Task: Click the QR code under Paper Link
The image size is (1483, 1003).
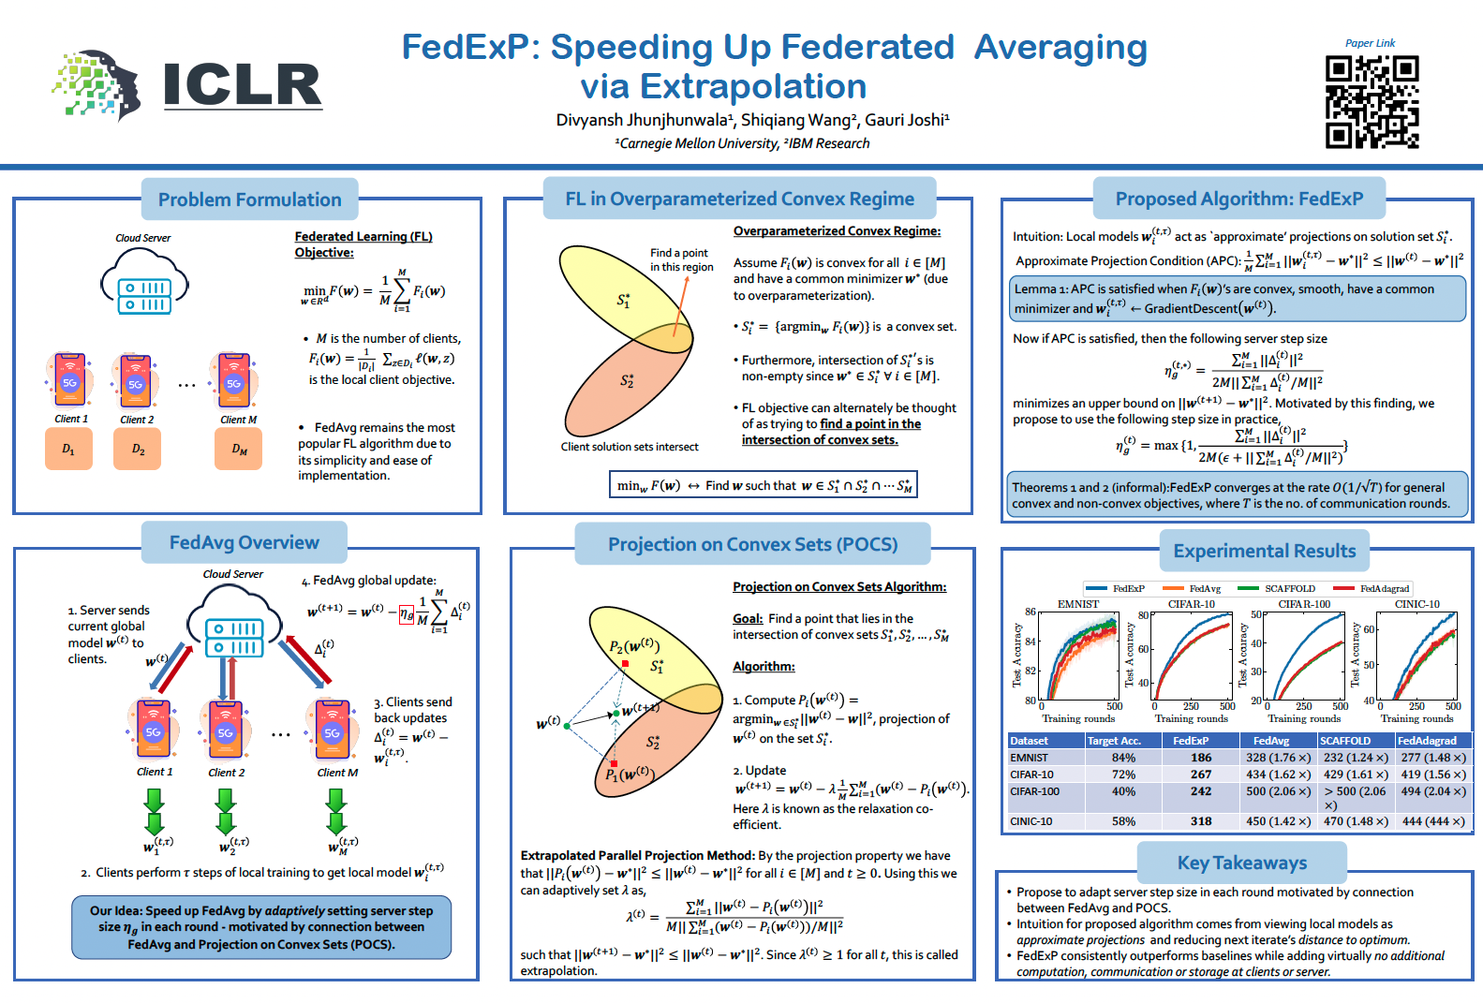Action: [1372, 102]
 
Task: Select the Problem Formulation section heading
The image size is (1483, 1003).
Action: [249, 199]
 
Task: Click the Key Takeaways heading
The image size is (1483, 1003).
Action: [1241, 863]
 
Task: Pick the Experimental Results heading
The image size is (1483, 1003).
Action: [1264, 551]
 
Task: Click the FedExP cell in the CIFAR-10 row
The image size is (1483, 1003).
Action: [1201, 774]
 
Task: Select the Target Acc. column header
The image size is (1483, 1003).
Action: [1114, 741]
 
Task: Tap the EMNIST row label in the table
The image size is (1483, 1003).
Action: [1029, 758]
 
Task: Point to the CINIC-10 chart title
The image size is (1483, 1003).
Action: [1416, 604]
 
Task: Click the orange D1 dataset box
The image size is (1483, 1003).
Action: [68, 450]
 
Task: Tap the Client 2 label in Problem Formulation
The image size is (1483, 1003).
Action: [137, 420]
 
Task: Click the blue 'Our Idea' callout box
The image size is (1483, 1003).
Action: [261, 927]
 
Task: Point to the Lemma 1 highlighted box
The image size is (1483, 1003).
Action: [1238, 299]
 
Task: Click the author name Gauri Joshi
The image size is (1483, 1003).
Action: [907, 120]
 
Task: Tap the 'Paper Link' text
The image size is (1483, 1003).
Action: [1370, 43]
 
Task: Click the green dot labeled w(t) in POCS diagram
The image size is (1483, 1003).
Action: [567, 726]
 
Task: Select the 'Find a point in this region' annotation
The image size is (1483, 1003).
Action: [681, 259]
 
